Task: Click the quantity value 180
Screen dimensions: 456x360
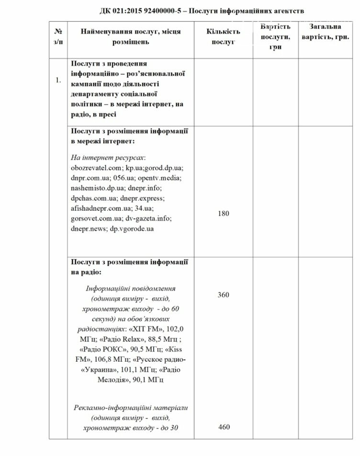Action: (x=224, y=214)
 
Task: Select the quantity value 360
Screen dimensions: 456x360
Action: (x=224, y=295)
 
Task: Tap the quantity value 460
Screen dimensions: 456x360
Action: (x=224, y=427)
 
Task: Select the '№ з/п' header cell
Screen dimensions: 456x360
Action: (x=58, y=36)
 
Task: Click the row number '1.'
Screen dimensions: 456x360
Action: (x=58, y=80)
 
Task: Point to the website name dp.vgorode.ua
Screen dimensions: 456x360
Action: (x=131, y=228)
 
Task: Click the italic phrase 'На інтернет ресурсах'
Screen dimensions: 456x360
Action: (x=108, y=158)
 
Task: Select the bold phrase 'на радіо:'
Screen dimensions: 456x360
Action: (x=86, y=272)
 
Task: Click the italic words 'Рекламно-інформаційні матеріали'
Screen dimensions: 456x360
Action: (x=131, y=407)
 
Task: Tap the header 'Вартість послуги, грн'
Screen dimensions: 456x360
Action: (x=275, y=36)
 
